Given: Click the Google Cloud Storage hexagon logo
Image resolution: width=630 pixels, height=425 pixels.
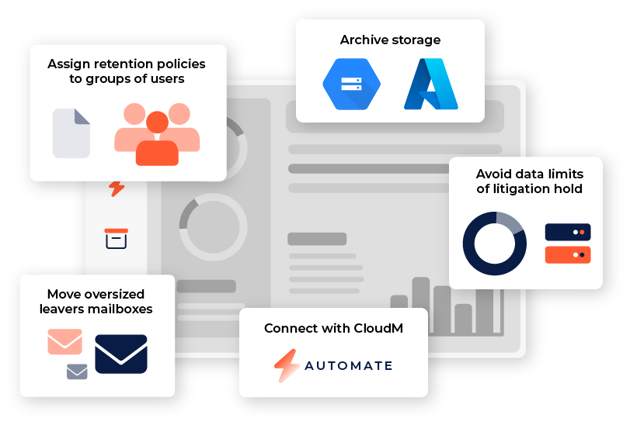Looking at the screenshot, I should point(351,85).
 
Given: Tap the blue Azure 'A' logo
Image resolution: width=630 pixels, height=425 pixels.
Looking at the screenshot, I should point(431,85).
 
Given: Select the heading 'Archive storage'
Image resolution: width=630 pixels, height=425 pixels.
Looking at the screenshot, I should point(390,40).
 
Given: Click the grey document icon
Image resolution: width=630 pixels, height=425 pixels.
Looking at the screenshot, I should point(71,133).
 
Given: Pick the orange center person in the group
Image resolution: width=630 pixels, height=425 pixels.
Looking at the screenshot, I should point(157,140).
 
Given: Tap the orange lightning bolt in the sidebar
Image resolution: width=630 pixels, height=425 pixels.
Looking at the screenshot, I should point(117,188).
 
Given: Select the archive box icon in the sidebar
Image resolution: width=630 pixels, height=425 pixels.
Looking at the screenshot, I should point(116,238).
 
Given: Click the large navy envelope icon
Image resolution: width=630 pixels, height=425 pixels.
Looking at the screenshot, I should point(121,354).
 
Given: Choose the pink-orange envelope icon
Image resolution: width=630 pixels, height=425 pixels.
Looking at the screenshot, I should point(64,341).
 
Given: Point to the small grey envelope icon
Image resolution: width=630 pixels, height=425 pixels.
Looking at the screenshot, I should point(77,372).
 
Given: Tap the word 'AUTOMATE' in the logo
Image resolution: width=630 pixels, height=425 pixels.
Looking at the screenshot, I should point(348,365).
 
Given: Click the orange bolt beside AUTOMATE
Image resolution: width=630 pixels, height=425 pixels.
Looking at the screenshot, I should point(286,365).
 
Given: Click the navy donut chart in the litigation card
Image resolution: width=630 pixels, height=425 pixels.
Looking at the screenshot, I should point(494,243).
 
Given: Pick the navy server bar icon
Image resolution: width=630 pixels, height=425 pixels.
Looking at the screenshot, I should point(568,232).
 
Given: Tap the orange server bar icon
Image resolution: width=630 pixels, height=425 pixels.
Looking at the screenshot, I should point(568,254).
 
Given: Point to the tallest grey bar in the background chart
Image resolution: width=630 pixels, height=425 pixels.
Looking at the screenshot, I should point(421,306).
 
